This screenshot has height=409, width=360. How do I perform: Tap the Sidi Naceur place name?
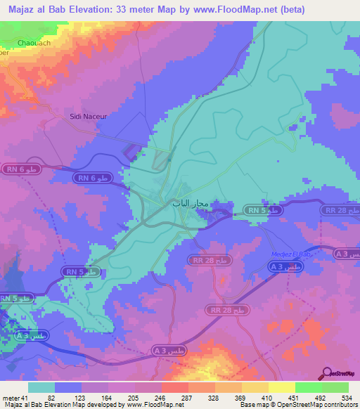click(x=88, y=116)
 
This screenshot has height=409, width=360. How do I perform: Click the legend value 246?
click(x=160, y=397)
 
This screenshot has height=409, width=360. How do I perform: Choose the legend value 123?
click(x=89, y=397)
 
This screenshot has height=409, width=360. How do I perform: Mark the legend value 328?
click(x=214, y=397)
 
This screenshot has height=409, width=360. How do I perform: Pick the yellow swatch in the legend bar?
click(x=281, y=387)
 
